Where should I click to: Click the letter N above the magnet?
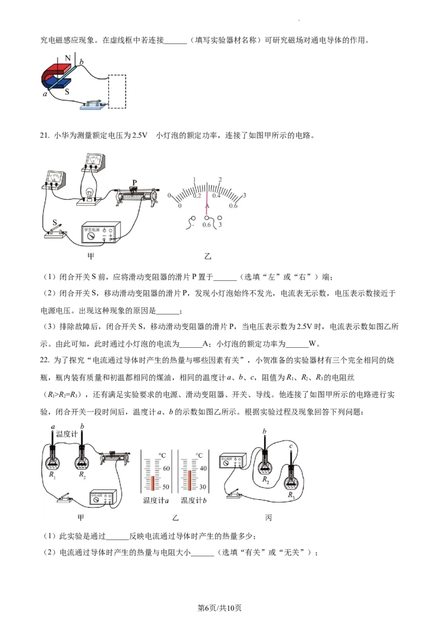[x=67, y=57]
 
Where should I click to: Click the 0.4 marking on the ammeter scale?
[x=217, y=196]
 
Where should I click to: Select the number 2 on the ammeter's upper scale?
[x=220, y=180]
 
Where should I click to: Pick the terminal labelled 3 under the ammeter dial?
[x=220, y=224]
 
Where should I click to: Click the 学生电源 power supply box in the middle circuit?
[x=101, y=233]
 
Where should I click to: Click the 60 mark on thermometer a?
[x=166, y=468]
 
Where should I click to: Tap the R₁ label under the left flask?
[x=53, y=475]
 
